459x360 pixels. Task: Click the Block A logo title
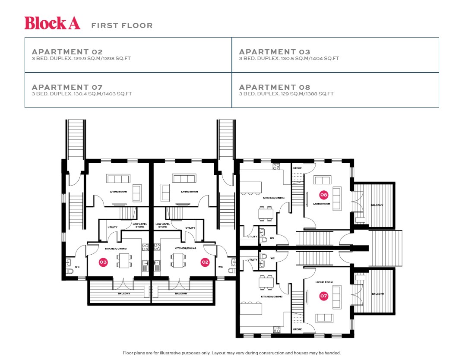(52, 23)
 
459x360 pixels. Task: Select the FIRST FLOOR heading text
(122, 25)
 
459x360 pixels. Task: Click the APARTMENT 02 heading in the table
(67, 52)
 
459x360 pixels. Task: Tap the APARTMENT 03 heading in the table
(275, 52)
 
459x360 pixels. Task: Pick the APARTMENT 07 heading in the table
(67, 87)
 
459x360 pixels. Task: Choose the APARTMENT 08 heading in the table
(275, 87)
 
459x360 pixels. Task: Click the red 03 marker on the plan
(103, 262)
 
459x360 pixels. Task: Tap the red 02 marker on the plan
(205, 262)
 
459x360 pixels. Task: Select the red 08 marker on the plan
(324, 194)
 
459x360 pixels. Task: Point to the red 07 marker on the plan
(324, 296)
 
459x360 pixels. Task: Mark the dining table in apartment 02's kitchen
(178, 261)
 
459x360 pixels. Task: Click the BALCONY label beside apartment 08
(377, 205)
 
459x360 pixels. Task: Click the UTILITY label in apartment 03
(112, 227)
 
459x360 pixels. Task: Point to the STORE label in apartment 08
(297, 168)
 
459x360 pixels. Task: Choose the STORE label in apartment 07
(297, 329)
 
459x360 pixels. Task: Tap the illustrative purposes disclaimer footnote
(231, 353)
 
